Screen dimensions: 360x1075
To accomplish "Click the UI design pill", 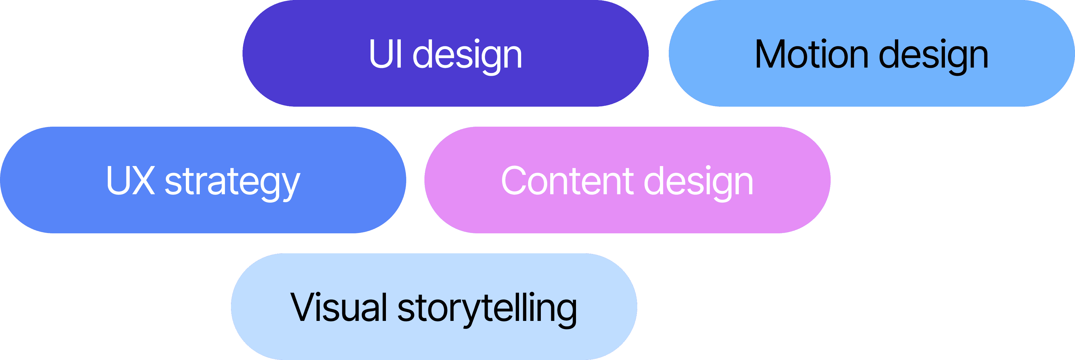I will coord(445,53).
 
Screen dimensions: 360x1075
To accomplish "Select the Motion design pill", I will coord(871,53).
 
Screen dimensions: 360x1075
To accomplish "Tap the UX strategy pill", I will coord(203,180).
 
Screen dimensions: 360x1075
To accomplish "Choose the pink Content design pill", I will coord(627,180).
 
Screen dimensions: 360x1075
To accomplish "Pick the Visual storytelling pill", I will coord(434,307).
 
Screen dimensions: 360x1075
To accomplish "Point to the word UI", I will coord(386,54).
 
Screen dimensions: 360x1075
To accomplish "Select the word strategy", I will coord(233,183).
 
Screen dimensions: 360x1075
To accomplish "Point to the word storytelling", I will coord(487,309).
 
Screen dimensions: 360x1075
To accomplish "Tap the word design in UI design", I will coord(467,56).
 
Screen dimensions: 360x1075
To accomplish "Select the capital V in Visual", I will coord(305,308).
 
